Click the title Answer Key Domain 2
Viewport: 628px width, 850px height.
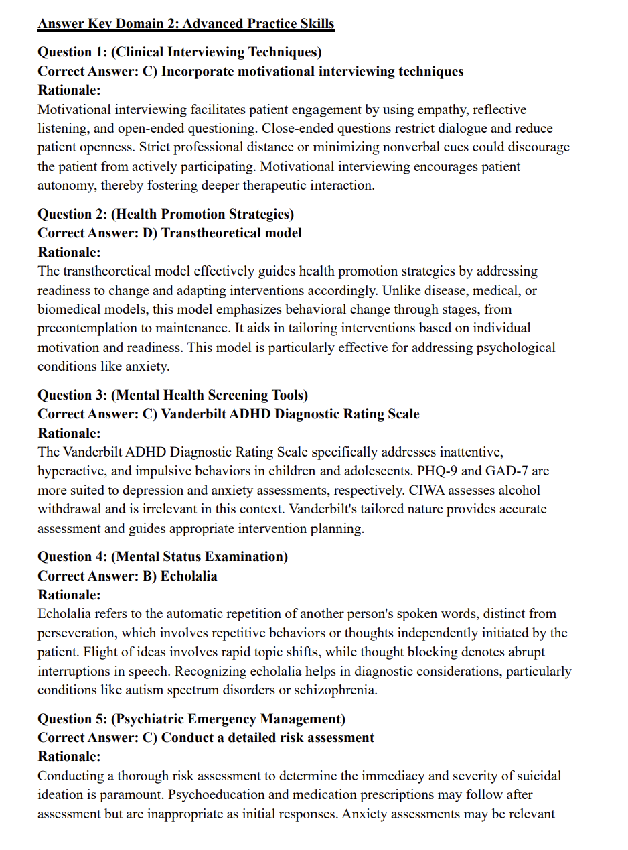tap(185, 24)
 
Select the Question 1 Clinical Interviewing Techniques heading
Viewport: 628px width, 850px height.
tap(179, 52)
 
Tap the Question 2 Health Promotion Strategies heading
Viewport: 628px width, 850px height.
tap(165, 215)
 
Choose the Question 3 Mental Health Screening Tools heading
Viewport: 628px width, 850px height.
tap(173, 395)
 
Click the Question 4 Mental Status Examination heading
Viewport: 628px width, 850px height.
tap(163, 556)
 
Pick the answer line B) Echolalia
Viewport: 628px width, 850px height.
tap(127, 576)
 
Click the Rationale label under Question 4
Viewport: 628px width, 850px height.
tap(69, 595)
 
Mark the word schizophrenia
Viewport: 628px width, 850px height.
tap(337, 690)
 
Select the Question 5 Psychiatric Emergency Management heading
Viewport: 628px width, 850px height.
tap(191, 719)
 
